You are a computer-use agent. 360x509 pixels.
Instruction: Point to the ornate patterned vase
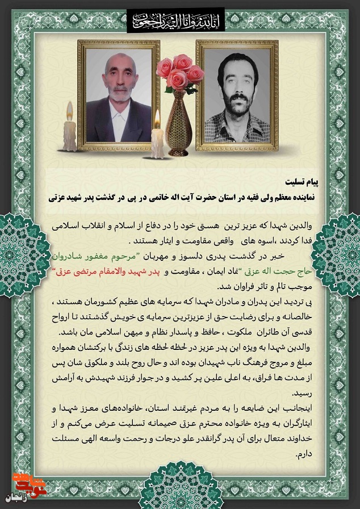[x=178, y=122]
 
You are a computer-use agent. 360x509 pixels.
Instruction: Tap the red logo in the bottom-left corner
[x=19, y=484]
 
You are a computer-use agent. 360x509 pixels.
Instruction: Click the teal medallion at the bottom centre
[x=180, y=489]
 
